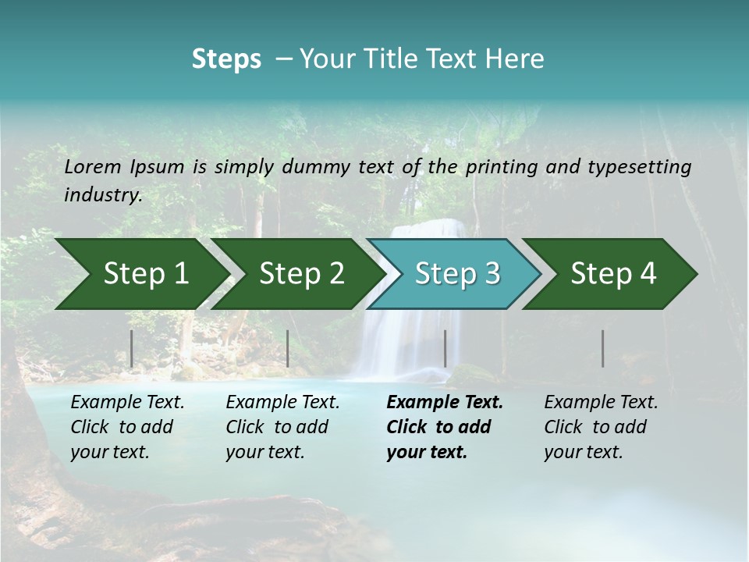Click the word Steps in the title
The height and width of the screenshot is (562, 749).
click(226, 59)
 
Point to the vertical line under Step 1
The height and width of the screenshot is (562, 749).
click(132, 348)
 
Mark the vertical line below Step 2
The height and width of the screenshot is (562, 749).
click(288, 348)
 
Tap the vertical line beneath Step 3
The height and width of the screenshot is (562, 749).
click(445, 348)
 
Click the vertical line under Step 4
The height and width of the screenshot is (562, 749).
click(603, 348)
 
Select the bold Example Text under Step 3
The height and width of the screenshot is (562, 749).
click(445, 427)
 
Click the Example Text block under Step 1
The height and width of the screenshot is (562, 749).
click(127, 427)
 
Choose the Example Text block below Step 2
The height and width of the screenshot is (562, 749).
click(282, 427)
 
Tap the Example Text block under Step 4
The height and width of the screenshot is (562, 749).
click(601, 427)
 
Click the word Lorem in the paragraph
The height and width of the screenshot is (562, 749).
click(92, 167)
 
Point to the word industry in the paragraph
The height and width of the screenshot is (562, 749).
click(103, 195)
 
